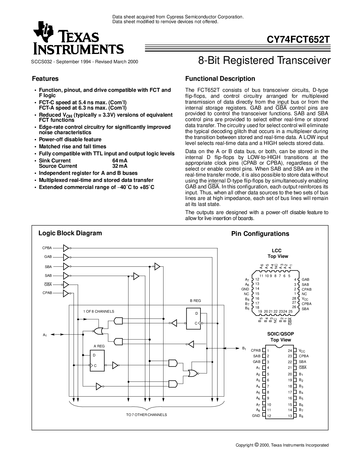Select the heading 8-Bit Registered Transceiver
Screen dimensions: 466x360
(264, 60)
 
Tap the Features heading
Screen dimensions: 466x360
(45, 79)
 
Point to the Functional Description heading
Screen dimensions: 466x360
(220, 79)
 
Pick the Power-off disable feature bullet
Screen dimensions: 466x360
(70, 140)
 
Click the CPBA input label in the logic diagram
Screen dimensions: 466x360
(47, 248)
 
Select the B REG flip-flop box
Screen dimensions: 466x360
(193, 319)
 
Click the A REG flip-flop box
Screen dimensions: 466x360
(97, 360)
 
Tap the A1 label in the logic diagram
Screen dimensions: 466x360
(45, 335)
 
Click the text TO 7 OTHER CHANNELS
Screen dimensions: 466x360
(147, 415)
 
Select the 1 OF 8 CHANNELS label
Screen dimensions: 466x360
(99, 311)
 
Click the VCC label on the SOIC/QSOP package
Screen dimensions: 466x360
(302, 351)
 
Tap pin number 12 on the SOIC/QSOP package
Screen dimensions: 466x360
(269, 416)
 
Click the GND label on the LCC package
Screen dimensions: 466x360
(245, 289)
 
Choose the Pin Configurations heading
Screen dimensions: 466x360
(260, 234)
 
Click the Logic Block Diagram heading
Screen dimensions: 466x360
(70, 233)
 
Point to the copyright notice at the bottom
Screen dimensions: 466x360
(282, 445)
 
